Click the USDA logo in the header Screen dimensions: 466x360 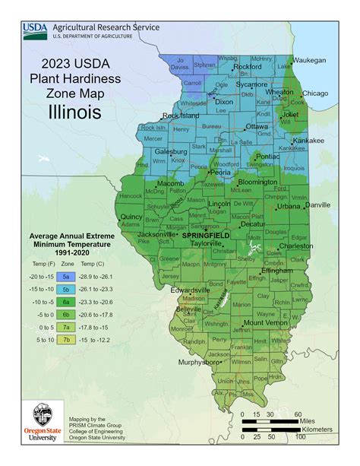(33, 30)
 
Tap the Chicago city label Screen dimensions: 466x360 (314, 94)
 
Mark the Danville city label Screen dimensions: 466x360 (317, 205)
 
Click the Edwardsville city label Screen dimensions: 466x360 (188, 290)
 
